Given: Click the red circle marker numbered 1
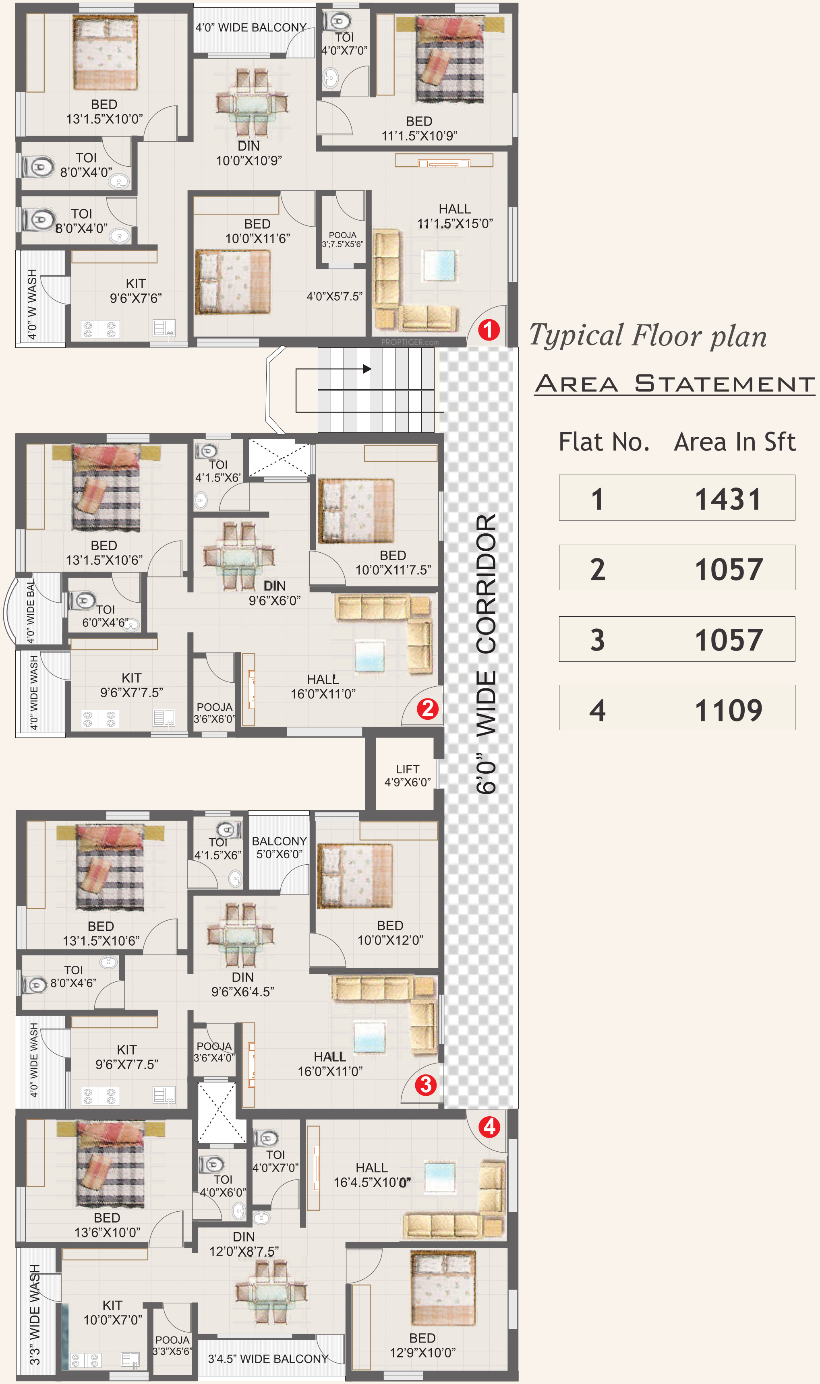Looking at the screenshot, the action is [x=489, y=330].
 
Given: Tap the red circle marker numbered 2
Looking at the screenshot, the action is [x=428, y=708].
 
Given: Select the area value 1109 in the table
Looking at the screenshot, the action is [x=728, y=710].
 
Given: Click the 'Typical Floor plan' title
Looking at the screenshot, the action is [x=648, y=336].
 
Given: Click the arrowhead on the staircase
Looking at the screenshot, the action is [x=367, y=368].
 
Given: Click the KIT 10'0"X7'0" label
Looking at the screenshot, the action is [x=113, y=1312].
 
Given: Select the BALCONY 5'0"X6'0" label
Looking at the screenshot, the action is [x=279, y=847].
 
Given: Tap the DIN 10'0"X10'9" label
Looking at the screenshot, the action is [x=248, y=153].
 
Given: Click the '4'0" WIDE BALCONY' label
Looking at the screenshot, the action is [x=251, y=28].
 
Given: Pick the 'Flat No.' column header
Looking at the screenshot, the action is [x=604, y=442].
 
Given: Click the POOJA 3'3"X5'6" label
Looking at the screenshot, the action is [x=172, y=1345].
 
